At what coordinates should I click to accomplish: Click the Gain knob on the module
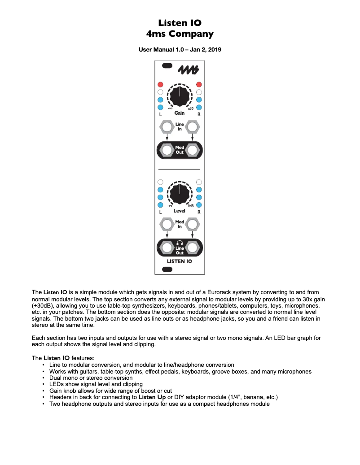180,96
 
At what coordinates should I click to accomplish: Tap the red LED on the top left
160,84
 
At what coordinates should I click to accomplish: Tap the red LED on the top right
199,84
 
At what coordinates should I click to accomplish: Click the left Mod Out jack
167,150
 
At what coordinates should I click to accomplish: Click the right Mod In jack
193,224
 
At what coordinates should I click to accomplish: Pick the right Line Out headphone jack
193,247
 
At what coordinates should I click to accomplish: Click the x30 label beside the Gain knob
190,109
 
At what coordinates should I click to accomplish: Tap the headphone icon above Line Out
180,243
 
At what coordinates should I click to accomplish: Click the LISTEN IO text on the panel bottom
180,261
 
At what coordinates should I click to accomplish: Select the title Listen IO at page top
180,23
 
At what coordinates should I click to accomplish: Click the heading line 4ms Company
180,34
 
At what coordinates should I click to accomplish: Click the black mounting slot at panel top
167,66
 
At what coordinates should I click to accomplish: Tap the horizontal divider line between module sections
179,169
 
